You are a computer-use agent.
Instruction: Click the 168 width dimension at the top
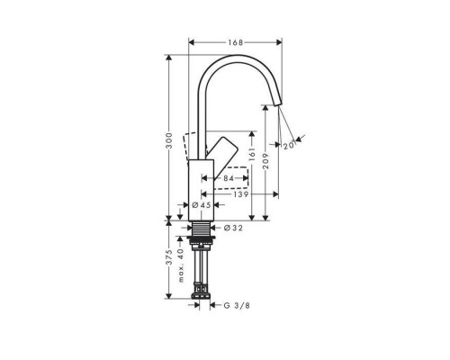click(x=234, y=42)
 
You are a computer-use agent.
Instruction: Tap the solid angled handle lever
click(x=221, y=150)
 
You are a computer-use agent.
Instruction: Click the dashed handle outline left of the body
click(x=187, y=141)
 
